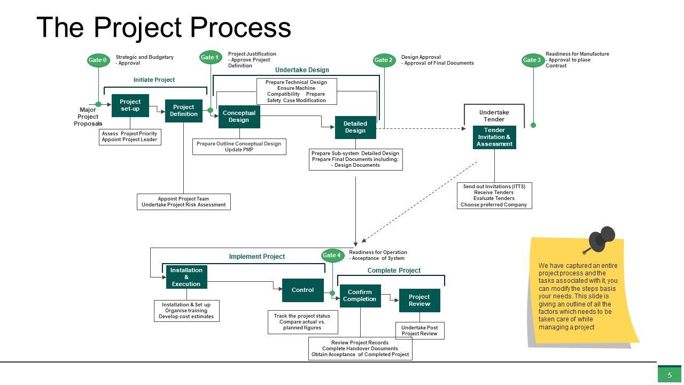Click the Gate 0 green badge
[x=98, y=60]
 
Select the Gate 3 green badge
[x=532, y=60]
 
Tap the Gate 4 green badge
[x=331, y=256]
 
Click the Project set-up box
[x=130, y=105]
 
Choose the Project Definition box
[x=184, y=111]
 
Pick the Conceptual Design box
[x=239, y=117]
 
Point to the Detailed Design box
[x=355, y=127]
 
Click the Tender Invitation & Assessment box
[x=494, y=137]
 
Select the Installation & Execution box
[x=186, y=277]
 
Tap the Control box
[x=302, y=290]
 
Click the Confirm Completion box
[x=360, y=296]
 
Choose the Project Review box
[x=419, y=301]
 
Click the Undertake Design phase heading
[x=302, y=70]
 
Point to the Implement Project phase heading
[x=257, y=257]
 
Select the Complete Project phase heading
[x=394, y=271]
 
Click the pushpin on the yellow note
[x=603, y=238]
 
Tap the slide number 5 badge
[x=670, y=375]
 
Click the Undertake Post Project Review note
[x=419, y=330]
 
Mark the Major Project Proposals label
[x=88, y=117]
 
